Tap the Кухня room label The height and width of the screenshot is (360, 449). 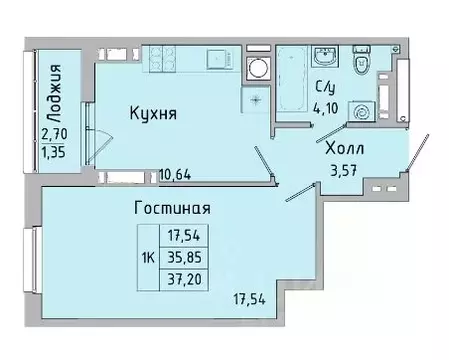[x=153, y=114]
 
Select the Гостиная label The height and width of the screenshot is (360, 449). [x=171, y=209]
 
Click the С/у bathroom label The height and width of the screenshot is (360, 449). [x=327, y=86]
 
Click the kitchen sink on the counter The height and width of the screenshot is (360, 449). [x=213, y=61]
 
